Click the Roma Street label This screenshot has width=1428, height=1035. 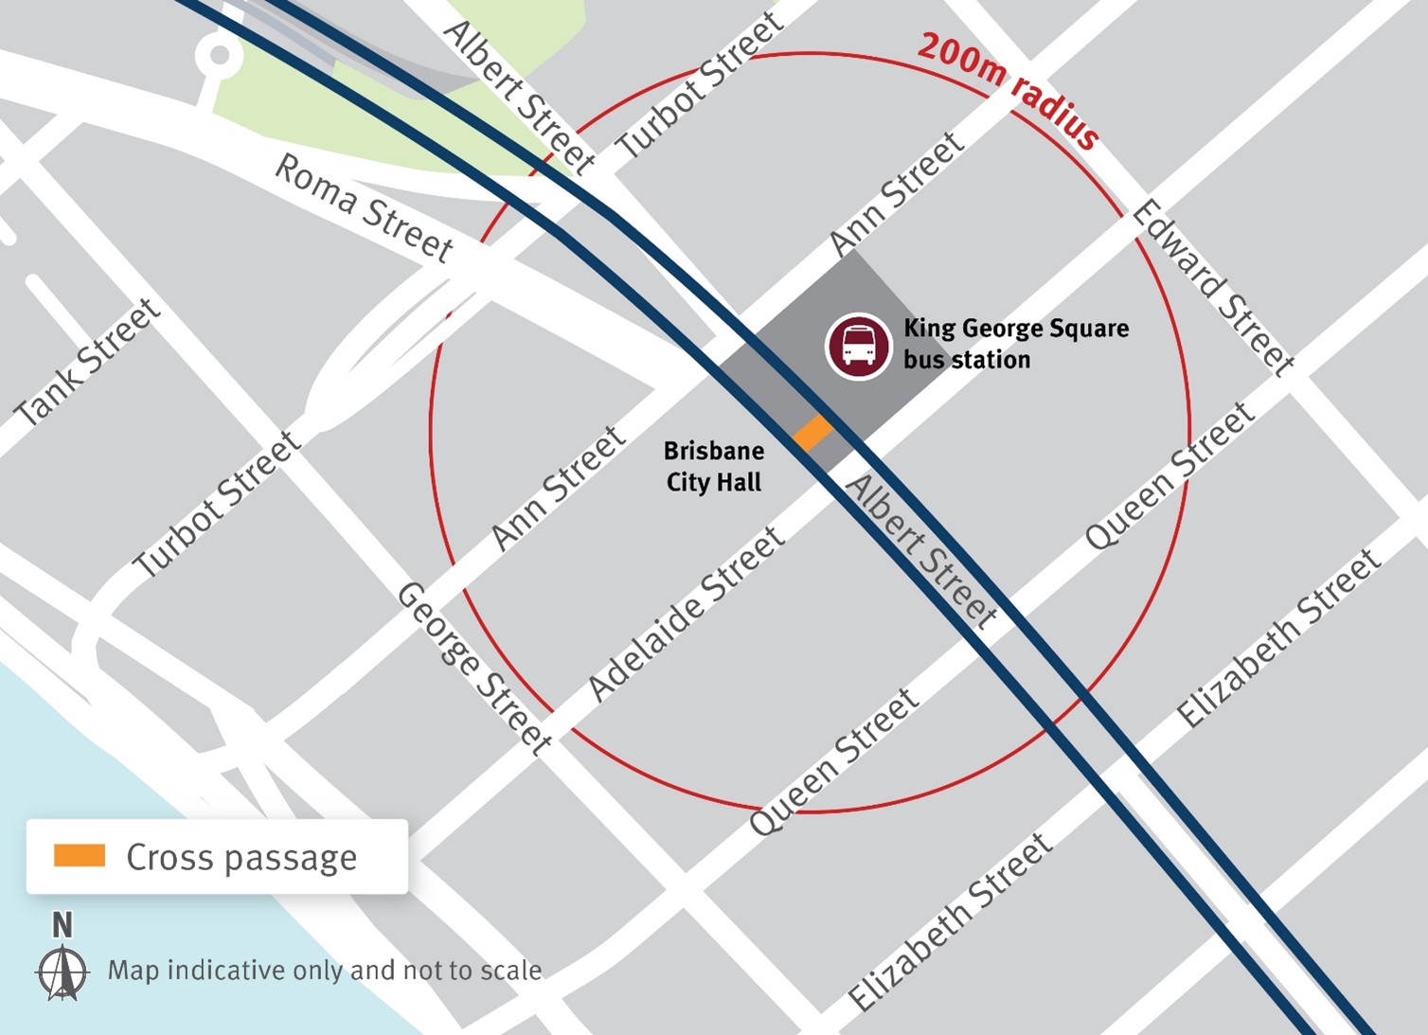(364, 206)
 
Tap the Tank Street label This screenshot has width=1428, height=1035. (87, 362)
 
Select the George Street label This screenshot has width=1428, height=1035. (473, 669)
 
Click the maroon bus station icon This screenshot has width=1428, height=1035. (858, 347)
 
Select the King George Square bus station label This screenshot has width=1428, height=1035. (1015, 344)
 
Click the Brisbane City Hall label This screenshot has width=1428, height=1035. (714, 466)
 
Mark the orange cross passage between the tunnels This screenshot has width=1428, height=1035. (812, 432)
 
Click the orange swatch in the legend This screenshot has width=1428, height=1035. (80, 856)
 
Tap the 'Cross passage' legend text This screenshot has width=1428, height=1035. (241, 858)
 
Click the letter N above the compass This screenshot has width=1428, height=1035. (62, 924)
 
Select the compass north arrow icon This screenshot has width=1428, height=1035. (62, 973)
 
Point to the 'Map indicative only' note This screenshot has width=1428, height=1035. (325, 971)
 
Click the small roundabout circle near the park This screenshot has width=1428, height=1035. (220, 55)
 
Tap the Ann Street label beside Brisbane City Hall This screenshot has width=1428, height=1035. (559, 488)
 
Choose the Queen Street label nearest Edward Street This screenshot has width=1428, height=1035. (1169, 476)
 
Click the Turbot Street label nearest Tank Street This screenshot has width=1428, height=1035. (217, 504)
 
